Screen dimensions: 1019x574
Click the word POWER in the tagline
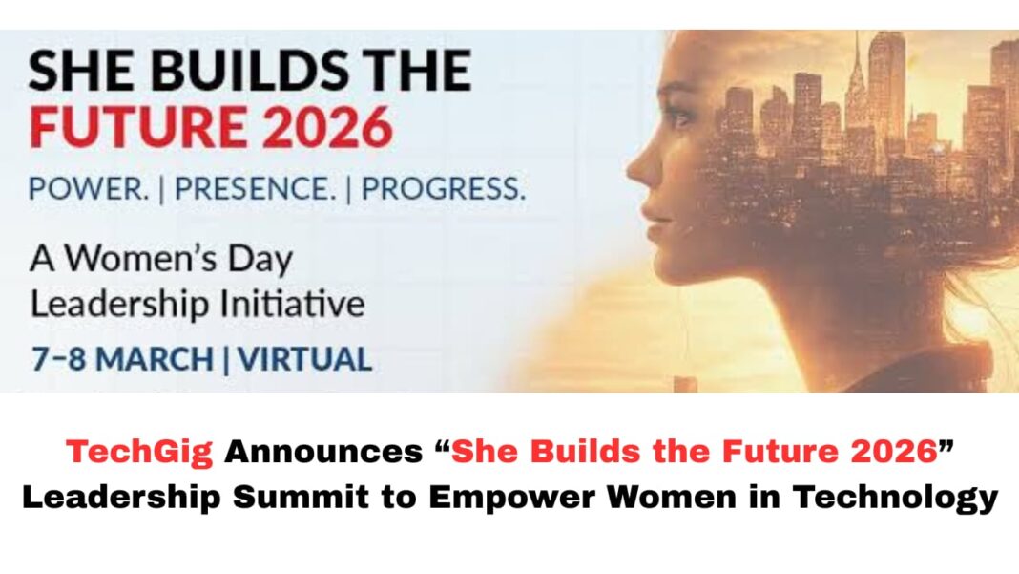(x=89, y=189)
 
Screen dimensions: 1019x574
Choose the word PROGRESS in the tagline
(x=443, y=189)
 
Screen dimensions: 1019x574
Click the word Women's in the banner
(x=140, y=259)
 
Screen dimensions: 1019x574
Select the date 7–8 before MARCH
(x=58, y=359)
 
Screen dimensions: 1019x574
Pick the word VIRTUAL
(x=304, y=359)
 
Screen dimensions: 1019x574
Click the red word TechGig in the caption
(x=139, y=453)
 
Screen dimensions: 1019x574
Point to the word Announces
(x=323, y=451)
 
